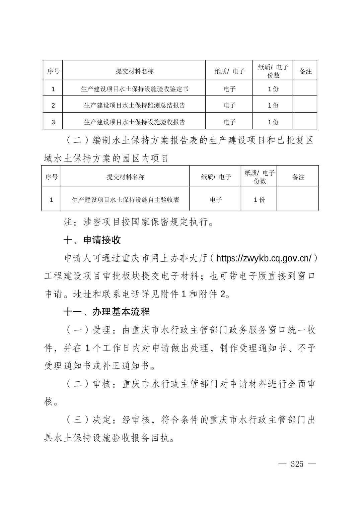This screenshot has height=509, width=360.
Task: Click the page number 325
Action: (297, 464)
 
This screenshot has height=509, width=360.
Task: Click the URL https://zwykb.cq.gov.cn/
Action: (264, 258)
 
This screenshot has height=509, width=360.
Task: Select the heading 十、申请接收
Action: (92, 240)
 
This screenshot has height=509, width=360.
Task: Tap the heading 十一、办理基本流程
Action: (106, 312)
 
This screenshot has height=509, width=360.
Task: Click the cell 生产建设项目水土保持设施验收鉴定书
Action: (134, 89)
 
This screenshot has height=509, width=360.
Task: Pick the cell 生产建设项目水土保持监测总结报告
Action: (134, 106)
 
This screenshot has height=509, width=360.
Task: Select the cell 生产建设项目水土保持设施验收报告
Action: (134, 122)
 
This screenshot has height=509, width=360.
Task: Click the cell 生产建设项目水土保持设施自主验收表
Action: (126, 200)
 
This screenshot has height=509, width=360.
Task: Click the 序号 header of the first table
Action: (53, 71)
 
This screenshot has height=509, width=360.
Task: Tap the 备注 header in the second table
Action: (298, 177)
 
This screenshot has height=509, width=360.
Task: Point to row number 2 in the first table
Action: (53, 106)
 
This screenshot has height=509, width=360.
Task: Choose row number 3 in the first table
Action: (53, 122)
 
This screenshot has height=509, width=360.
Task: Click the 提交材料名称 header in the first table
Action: (134, 71)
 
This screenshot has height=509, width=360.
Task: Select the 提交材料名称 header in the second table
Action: (126, 177)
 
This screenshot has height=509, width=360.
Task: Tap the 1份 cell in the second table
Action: (259, 200)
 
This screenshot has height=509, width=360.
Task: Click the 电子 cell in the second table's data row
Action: (216, 200)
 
